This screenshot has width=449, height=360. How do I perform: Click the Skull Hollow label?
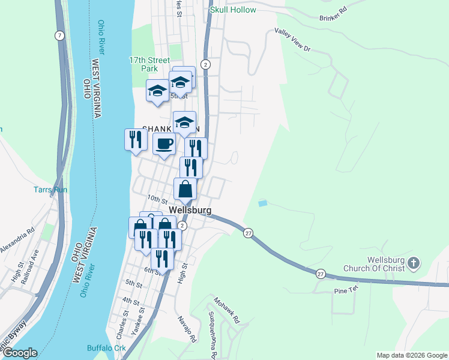(233, 10)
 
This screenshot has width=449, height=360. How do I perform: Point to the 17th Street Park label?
(150, 65)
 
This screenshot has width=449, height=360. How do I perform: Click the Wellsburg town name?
(190, 211)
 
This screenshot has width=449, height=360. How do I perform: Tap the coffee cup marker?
(164, 144)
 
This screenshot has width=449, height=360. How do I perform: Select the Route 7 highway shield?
(59, 36)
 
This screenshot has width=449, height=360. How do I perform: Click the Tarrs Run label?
(50, 190)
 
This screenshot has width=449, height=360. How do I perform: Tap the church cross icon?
(413, 263)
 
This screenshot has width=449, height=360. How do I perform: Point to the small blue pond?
(262, 204)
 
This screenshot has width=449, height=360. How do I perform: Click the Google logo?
(20, 353)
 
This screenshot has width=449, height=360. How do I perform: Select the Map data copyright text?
(411, 355)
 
